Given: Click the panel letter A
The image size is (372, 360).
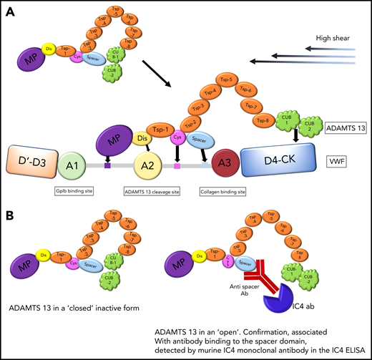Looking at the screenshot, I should click(x=11, y=9).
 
